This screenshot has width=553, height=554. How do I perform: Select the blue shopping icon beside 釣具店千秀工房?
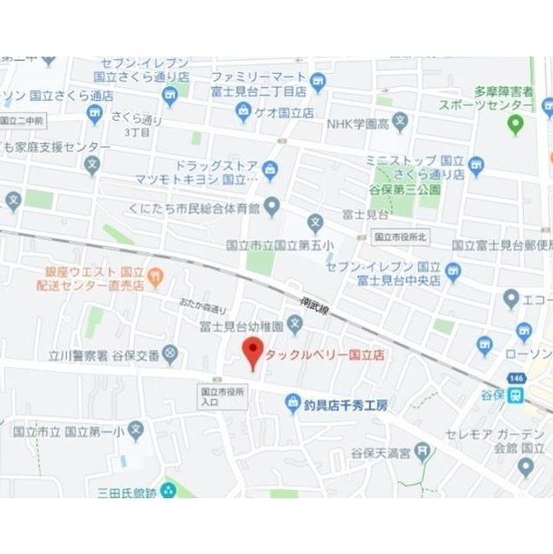(292, 402)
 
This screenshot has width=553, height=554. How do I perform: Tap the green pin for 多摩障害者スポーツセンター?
(517, 122)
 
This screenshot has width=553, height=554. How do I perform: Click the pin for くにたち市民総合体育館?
(272, 206)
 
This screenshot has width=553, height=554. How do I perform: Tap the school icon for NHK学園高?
(399, 122)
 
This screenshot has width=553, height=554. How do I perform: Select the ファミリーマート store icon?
(318, 79)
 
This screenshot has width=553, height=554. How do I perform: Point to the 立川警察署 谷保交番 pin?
(170, 355)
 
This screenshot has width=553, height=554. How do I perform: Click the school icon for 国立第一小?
(135, 431)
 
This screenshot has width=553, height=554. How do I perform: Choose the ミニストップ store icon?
(478, 164)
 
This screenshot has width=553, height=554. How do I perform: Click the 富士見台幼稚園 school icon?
(296, 327)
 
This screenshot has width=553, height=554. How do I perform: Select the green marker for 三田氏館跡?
(168, 489)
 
